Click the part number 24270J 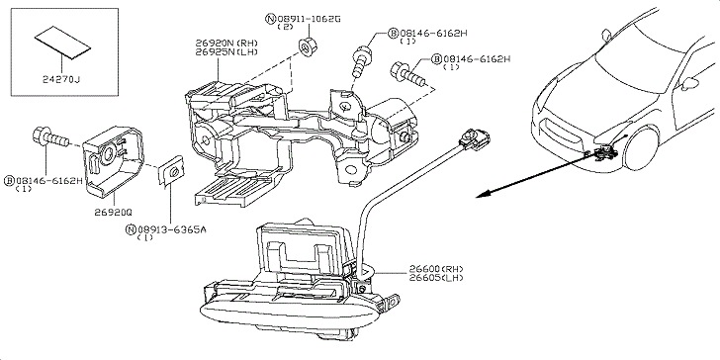pyautogui.click(x=61, y=80)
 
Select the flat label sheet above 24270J pyautogui.click(x=62, y=43)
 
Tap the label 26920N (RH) pyautogui.click(x=226, y=44)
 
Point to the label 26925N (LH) pyautogui.click(x=226, y=51)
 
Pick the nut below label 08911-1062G pyautogui.click(x=307, y=46)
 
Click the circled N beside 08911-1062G pyautogui.click(x=271, y=19)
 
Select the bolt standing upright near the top pyautogui.click(x=362, y=62)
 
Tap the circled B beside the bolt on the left pyautogui.click(x=9, y=180)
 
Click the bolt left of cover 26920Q pyautogui.click(x=50, y=137)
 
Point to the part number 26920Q pyautogui.click(x=113, y=212)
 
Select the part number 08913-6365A pyautogui.click(x=172, y=229)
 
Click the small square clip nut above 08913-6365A pyautogui.click(x=171, y=170)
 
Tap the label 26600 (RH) pyautogui.click(x=436, y=269)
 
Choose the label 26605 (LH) pyautogui.click(x=436, y=277)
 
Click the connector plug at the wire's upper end pyautogui.click(x=475, y=138)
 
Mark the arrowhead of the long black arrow pyautogui.click(x=482, y=195)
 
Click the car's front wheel pyautogui.click(x=641, y=147)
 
